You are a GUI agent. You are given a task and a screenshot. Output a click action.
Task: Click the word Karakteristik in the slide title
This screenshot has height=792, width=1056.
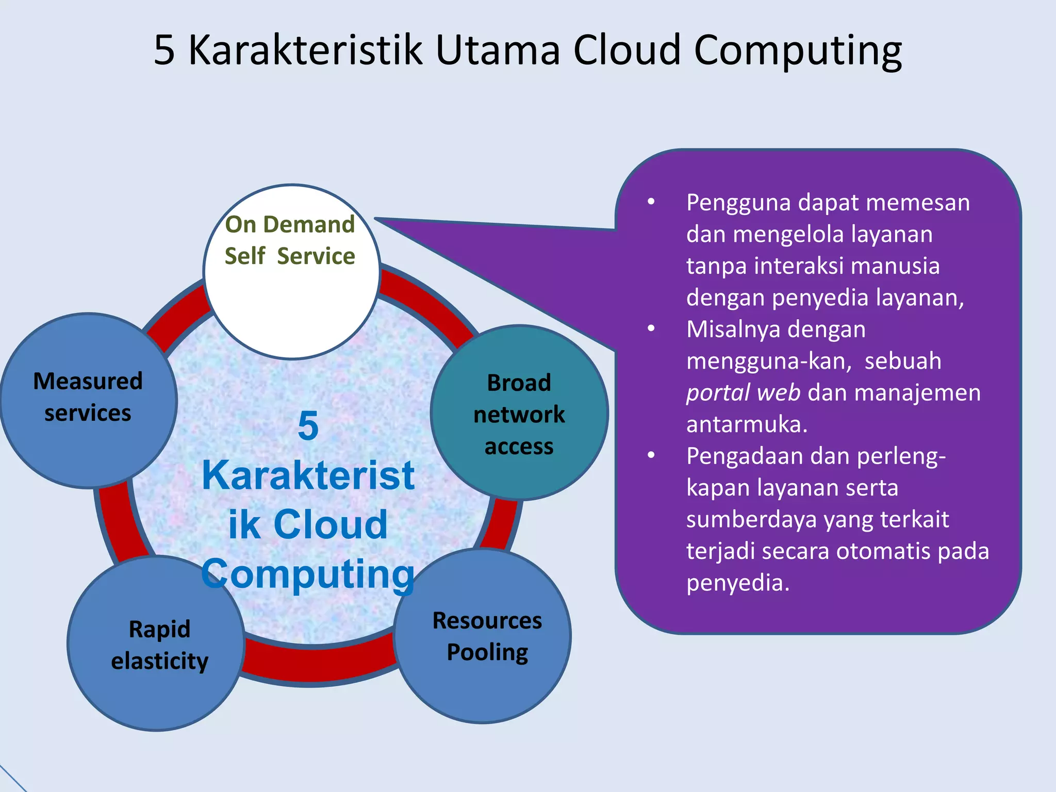(305, 50)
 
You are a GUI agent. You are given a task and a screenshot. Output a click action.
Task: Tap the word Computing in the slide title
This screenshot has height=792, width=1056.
(798, 50)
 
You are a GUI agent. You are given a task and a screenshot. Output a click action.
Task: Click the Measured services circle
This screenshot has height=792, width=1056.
(89, 400)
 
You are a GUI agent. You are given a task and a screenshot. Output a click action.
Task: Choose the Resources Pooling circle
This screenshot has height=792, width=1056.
(483, 635)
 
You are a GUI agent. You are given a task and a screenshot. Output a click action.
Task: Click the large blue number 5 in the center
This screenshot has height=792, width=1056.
(308, 426)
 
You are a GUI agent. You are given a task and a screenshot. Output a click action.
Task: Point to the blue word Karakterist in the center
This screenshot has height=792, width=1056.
(308, 475)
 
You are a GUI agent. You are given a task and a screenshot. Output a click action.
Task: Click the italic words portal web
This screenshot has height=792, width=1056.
(743, 393)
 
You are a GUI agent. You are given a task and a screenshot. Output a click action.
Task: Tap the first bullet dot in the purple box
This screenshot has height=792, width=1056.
(651, 202)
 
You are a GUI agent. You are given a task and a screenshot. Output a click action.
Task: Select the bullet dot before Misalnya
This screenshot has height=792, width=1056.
(651, 328)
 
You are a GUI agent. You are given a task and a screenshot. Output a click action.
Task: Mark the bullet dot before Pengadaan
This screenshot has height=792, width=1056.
(651, 455)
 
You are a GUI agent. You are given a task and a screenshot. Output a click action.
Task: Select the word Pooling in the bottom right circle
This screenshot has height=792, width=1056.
(487, 653)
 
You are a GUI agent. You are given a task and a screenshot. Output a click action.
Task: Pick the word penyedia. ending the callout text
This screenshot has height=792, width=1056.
(737, 583)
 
